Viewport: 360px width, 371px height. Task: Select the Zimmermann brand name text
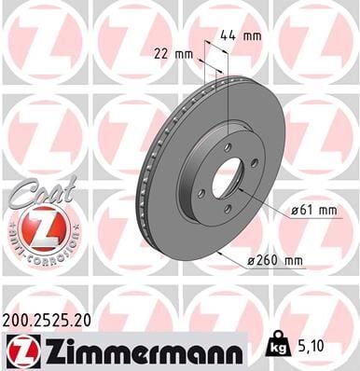click(x=136, y=350)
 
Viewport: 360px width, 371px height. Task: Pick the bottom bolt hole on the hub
click(x=227, y=210)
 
